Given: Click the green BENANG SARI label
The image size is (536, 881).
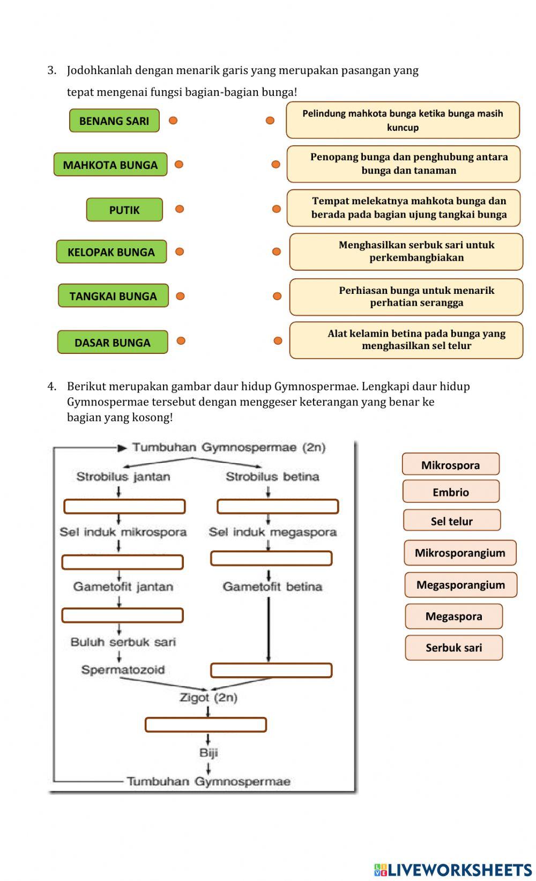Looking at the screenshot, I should [x=114, y=121].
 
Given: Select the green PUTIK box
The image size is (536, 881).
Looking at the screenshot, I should [x=124, y=210].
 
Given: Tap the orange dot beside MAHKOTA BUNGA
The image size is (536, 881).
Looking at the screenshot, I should [x=179, y=165].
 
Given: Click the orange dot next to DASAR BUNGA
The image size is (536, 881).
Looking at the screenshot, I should [x=181, y=340].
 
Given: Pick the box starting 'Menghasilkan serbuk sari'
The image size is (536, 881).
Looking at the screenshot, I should [x=406, y=251].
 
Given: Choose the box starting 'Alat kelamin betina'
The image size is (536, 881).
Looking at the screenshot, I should [x=406, y=340].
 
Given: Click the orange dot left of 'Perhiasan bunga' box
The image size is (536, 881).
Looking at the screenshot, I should [x=277, y=296].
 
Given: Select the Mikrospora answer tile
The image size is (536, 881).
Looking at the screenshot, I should [x=450, y=464].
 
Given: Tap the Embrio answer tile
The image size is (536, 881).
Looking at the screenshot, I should [x=451, y=492].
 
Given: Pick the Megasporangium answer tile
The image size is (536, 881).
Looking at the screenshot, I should [x=460, y=584].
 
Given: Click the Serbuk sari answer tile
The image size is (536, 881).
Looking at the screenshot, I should [x=453, y=647].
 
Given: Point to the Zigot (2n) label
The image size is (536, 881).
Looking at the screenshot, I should [x=208, y=697].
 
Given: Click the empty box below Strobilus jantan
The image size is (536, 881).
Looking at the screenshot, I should [x=124, y=506].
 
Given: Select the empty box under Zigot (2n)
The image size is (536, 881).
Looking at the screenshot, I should [x=205, y=725].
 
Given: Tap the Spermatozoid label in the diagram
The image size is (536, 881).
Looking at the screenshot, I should [x=123, y=669].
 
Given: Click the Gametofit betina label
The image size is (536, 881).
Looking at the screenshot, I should [x=272, y=587].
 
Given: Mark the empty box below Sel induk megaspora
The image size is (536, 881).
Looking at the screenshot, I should [x=271, y=558].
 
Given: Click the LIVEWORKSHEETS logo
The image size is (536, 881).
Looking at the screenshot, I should [x=452, y=869].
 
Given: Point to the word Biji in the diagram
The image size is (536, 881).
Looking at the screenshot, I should [x=208, y=752].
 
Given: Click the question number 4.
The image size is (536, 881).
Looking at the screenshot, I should [x=51, y=386].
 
